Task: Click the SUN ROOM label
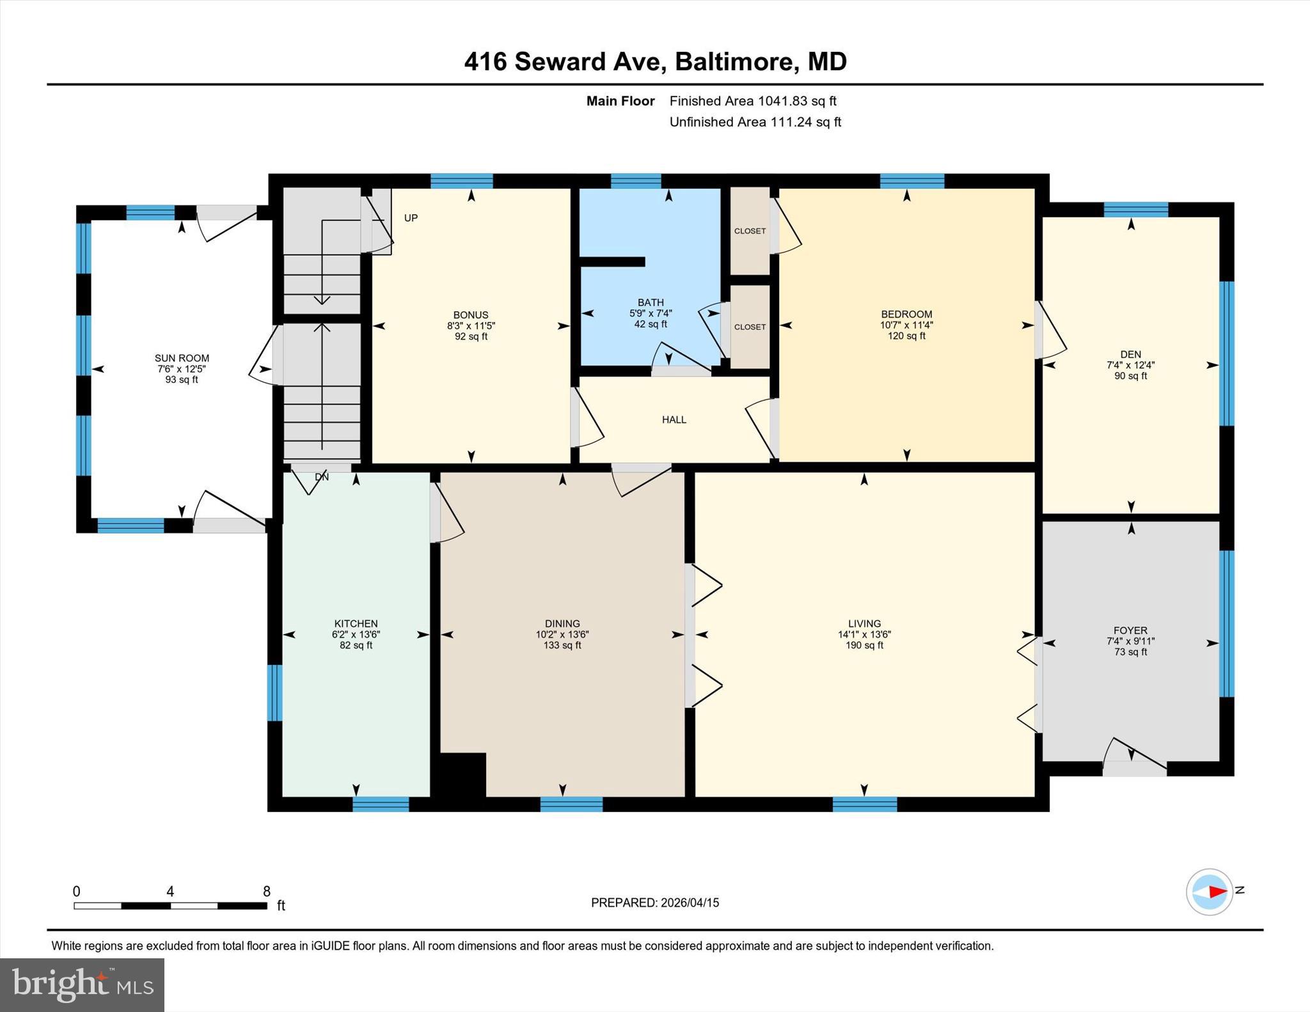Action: coord(182,358)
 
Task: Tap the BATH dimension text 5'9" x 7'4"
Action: coord(651,313)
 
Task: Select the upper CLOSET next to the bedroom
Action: coord(750,231)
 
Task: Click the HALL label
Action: coord(674,419)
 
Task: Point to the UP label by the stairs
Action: coord(411,218)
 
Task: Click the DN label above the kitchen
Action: coord(322,477)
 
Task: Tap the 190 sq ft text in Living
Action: coord(864,645)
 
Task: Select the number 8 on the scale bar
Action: coord(267,891)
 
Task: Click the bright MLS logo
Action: coord(82,985)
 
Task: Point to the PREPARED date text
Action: coord(654,903)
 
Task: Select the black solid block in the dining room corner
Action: coord(462,775)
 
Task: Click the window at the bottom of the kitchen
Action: coord(381,804)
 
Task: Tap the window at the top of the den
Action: coord(1135,210)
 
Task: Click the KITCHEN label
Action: coord(356,623)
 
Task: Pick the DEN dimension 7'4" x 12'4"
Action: coord(1130,365)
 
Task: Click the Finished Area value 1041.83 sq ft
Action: coord(797,100)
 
